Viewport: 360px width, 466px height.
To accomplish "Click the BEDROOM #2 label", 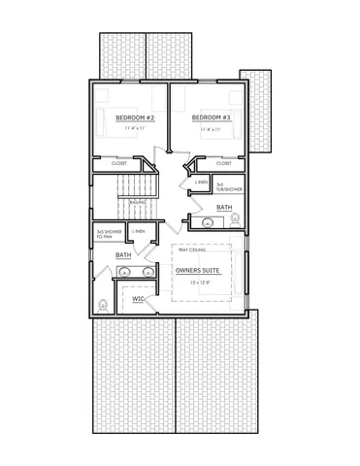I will coord(130,117).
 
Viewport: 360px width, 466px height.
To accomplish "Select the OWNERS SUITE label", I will coord(198,271).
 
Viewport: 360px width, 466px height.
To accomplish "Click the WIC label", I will coord(139,300).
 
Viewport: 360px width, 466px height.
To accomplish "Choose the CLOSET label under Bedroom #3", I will coord(224,164).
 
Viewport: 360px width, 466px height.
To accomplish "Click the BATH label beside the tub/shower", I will coord(224,208).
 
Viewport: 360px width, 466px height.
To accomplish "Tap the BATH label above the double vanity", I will coord(124,255).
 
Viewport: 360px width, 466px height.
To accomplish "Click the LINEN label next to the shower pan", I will coord(140,231).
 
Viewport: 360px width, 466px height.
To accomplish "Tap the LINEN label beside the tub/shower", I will coord(202,183).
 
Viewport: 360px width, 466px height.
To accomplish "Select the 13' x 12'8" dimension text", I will coord(198,283).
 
